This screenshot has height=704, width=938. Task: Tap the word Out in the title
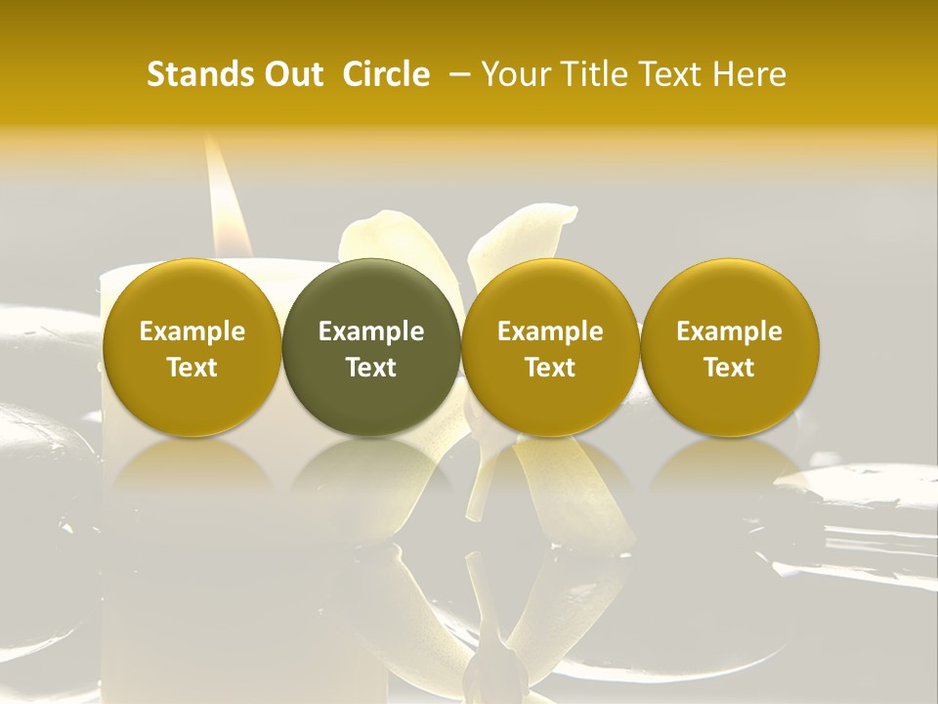pyautogui.click(x=291, y=74)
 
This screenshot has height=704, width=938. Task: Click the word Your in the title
pyautogui.click(x=514, y=74)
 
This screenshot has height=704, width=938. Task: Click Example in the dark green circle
pyautogui.click(x=371, y=331)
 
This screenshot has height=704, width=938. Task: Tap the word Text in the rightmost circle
pyautogui.click(x=730, y=368)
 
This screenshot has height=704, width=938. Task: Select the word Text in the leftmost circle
pyautogui.click(x=192, y=368)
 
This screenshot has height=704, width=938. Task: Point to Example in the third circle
pyautogui.click(x=550, y=331)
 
